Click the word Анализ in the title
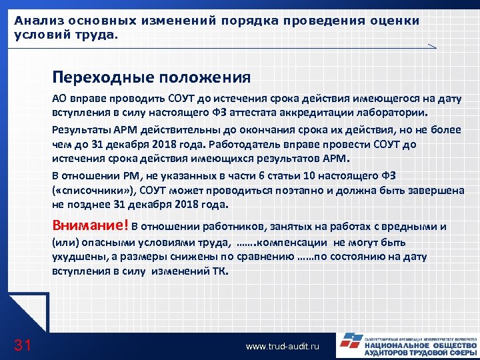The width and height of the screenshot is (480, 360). [35, 21]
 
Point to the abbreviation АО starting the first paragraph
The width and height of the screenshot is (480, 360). [59, 99]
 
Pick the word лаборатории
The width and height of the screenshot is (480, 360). [392, 112]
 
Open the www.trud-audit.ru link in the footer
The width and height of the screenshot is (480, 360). [283, 347]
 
